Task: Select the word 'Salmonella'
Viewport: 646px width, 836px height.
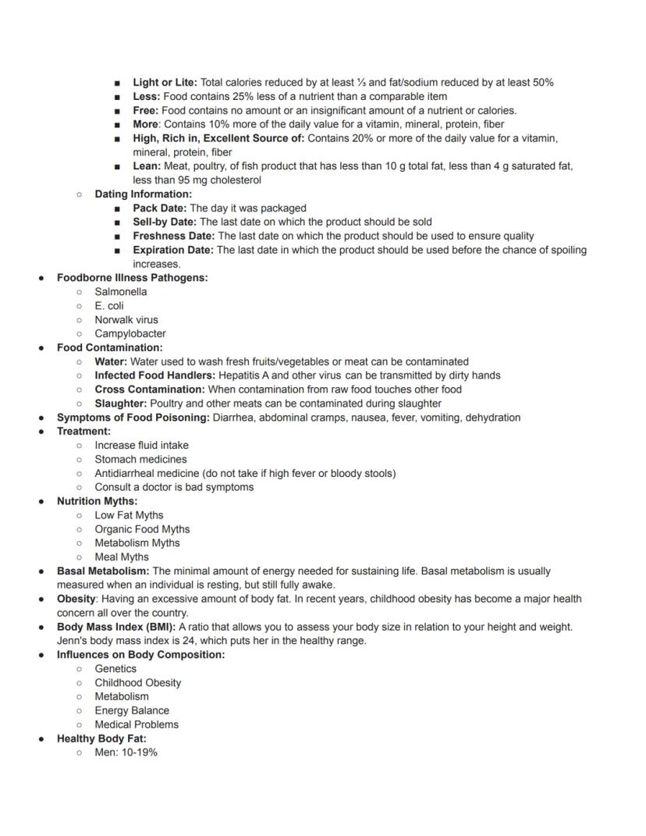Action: point(120,292)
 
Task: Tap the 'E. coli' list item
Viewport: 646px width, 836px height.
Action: point(109,306)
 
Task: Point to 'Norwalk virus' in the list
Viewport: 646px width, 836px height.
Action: point(126,320)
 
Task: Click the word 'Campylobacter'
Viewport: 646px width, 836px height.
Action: point(130,334)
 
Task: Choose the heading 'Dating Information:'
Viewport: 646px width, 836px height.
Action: point(143,194)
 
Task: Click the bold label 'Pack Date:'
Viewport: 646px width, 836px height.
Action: point(160,208)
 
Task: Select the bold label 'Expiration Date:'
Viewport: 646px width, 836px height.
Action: point(172,251)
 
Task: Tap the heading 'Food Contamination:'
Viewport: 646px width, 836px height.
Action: point(110,348)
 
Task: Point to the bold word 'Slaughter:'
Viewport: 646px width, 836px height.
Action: point(121,404)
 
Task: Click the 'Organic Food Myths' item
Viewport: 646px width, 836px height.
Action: point(142,529)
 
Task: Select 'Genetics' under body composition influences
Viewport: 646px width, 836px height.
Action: point(115,669)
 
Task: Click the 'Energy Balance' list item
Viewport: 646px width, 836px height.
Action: point(132,711)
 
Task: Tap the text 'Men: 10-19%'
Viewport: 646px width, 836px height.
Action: point(126,752)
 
